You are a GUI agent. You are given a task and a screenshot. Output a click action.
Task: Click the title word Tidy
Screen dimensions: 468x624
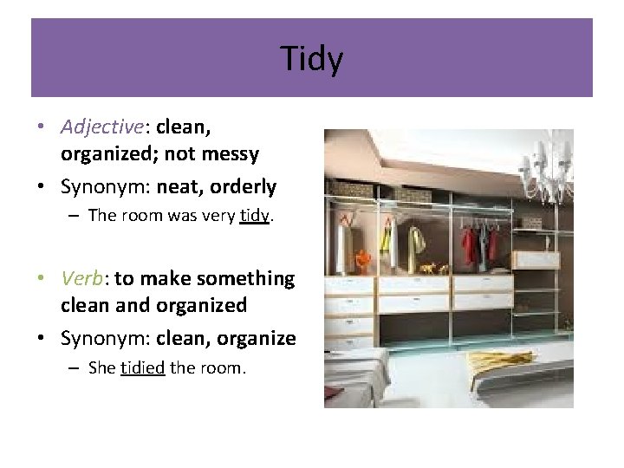[x=312, y=59]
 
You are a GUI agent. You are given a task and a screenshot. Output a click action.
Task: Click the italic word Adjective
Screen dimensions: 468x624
[x=101, y=127]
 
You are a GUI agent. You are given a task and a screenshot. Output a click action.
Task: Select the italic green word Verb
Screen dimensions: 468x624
[x=83, y=278]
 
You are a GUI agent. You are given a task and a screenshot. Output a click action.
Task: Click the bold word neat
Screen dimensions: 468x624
[x=179, y=186]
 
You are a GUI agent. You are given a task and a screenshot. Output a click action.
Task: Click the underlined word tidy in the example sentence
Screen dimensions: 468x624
[x=256, y=216]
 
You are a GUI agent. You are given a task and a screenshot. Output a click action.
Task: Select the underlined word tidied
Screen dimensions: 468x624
[x=143, y=367]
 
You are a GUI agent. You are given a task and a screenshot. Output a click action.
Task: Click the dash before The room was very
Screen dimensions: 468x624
[x=76, y=216]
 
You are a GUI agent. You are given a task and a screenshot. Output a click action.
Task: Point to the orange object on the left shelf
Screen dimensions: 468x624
[x=363, y=257]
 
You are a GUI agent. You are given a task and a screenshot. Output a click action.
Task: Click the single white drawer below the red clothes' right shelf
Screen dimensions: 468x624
[x=530, y=260]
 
